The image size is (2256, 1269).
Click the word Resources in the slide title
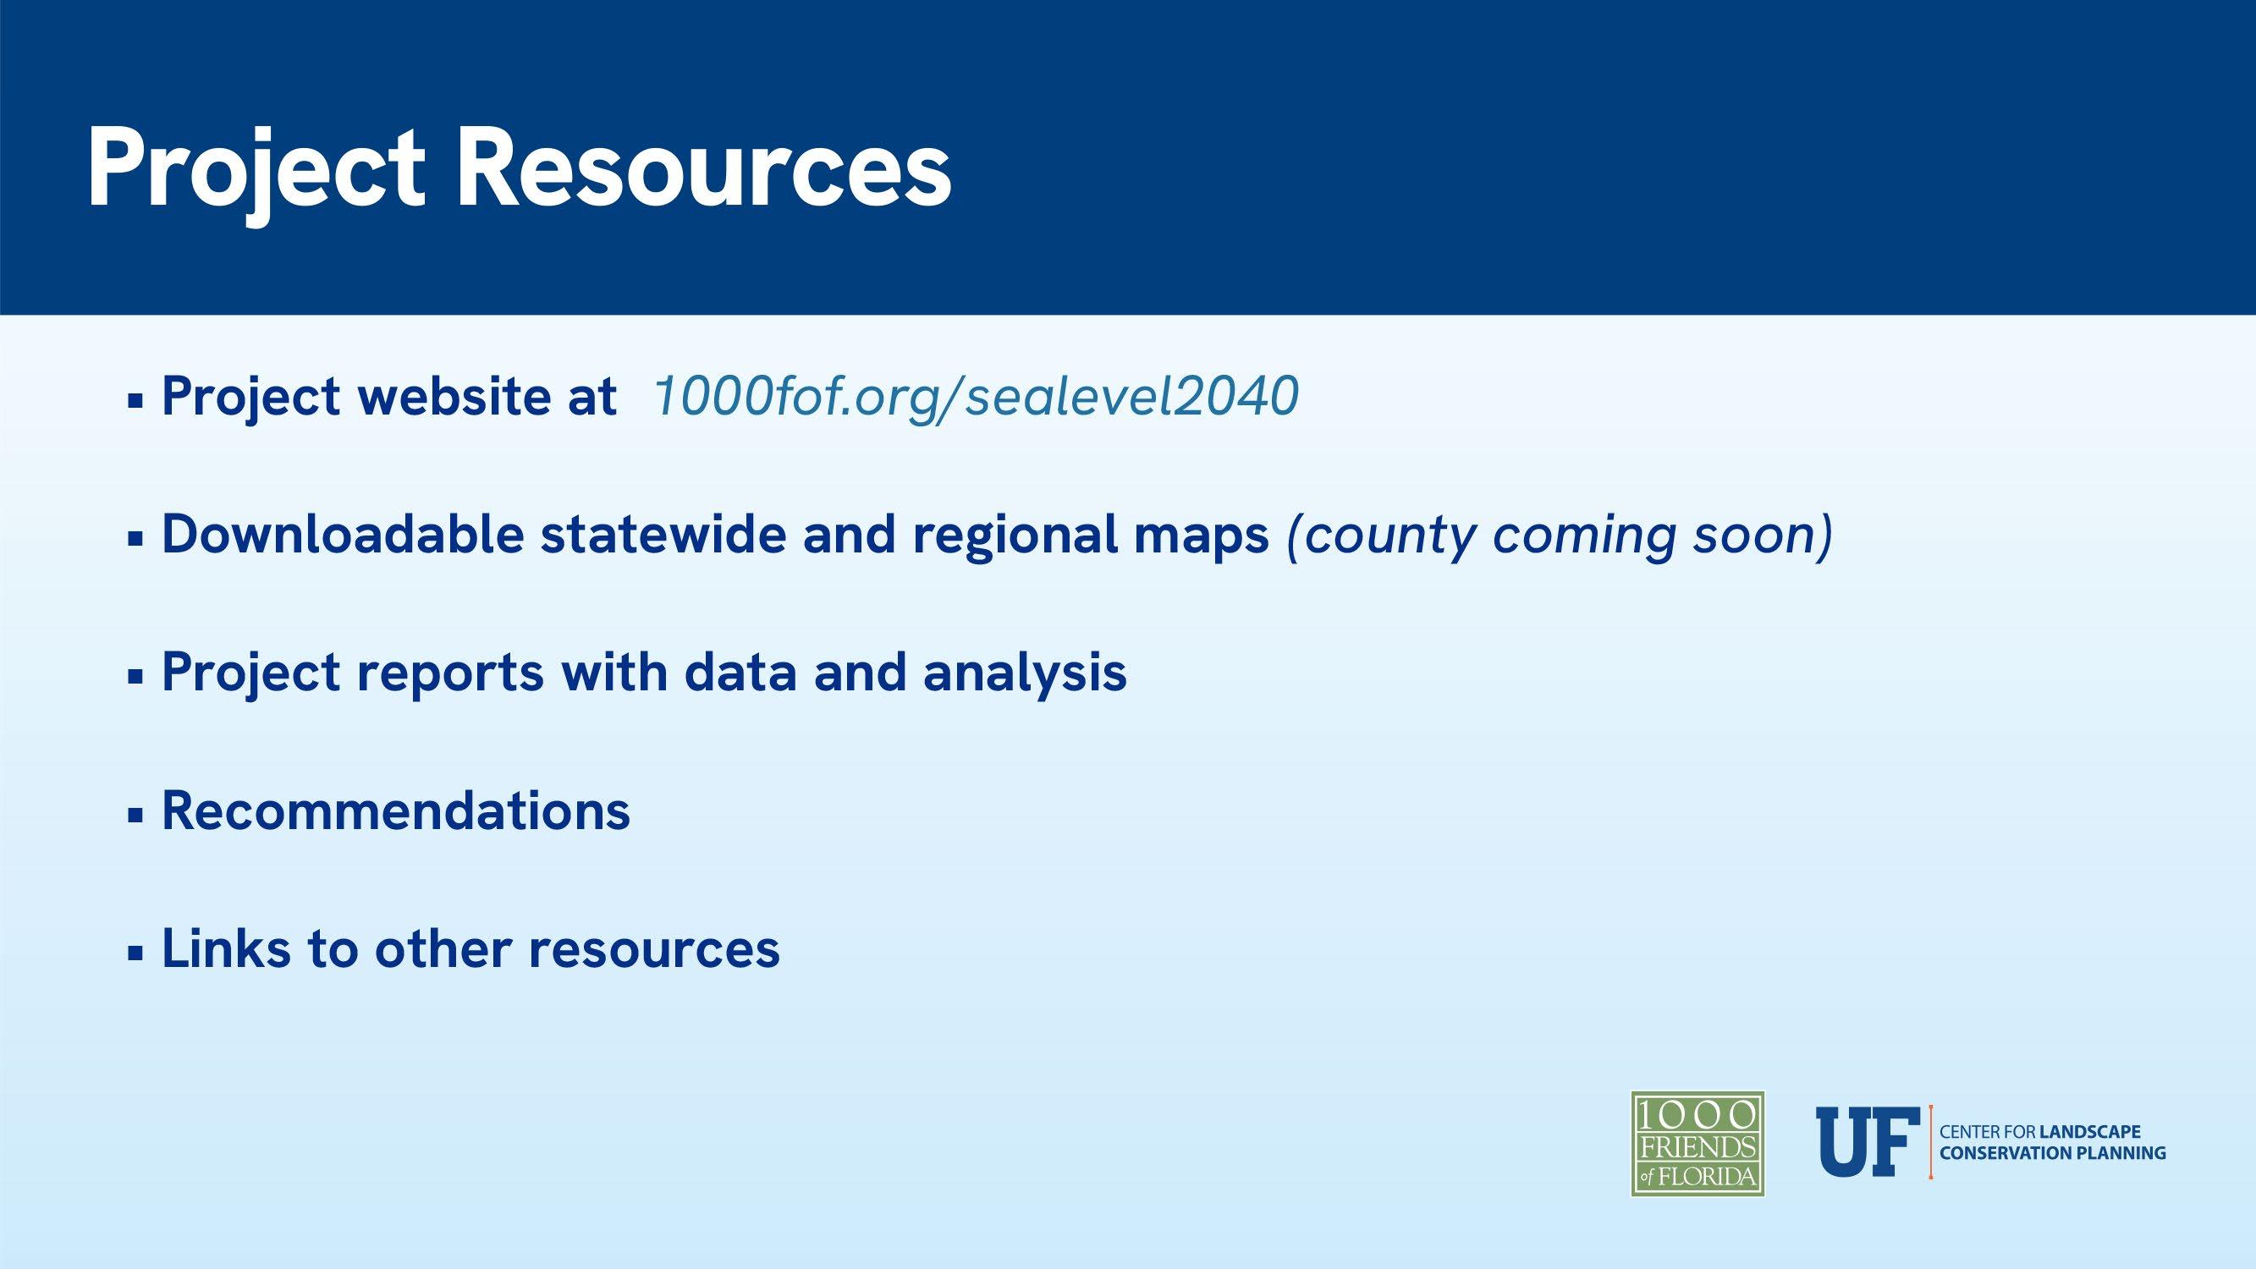[x=703, y=168]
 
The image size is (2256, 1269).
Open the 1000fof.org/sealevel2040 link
[x=976, y=397]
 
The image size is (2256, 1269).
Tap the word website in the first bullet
[x=448, y=396]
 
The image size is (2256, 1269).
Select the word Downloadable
[x=343, y=533]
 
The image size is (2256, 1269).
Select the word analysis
[x=1025, y=673]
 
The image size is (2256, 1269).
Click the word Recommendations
[x=396, y=810]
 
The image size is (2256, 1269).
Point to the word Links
[x=226, y=948]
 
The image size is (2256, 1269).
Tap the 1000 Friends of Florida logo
[x=1698, y=1144]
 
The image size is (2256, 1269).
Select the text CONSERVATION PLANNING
[x=2053, y=1153]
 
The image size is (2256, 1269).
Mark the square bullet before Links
[x=135, y=953]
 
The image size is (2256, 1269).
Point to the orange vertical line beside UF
[x=1930, y=1142]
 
